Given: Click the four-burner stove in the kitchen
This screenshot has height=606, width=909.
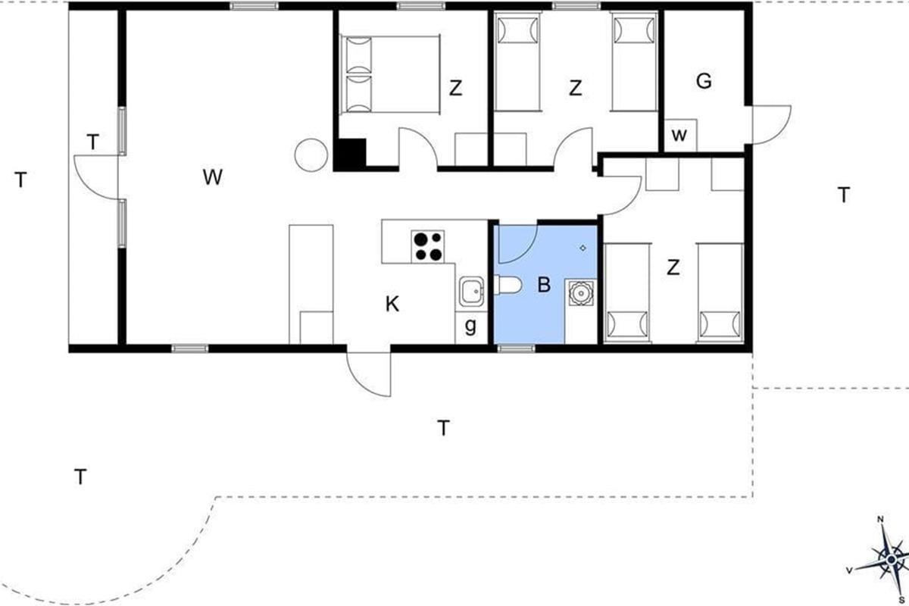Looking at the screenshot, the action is click(427, 246).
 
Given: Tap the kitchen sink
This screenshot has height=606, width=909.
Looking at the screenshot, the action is click(471, 292).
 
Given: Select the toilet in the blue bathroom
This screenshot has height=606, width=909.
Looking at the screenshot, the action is click(508, 286).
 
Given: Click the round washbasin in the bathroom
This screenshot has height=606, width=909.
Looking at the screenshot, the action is click(581, 292).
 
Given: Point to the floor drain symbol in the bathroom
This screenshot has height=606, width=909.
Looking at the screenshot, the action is click(583, 248).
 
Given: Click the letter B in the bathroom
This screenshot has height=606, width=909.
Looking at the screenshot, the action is click(544, 285).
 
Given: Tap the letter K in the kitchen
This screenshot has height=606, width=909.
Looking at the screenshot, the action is click(392, 305).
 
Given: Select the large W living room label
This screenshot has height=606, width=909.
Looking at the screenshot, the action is click(213, 177).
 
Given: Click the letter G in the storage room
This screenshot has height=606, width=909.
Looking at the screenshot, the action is click(704, 81).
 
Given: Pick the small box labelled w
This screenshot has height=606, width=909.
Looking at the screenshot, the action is click(680, 135).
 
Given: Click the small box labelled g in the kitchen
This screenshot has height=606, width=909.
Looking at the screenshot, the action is click(471, 328).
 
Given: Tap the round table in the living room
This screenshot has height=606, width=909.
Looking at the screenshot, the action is click(311, 155).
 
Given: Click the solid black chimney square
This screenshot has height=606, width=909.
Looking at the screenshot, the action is click(350, 155).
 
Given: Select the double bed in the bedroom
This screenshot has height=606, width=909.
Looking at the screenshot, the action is click(390, 74).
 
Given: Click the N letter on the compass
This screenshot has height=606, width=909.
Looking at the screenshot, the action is click(880, 520).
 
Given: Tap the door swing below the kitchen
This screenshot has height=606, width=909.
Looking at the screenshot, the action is click(368, 374).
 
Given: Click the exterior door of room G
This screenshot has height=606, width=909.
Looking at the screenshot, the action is click(771, 125).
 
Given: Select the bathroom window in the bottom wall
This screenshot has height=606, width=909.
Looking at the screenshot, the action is click(516, 348).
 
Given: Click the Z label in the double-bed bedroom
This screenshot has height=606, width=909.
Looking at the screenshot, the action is click(455, 88).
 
